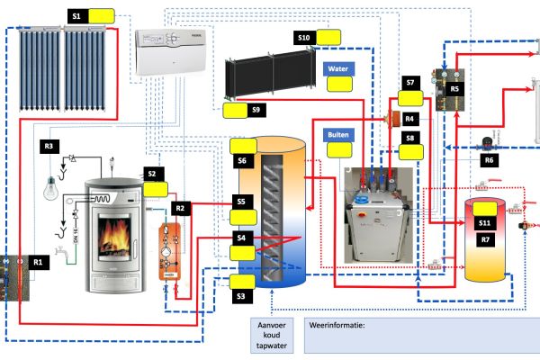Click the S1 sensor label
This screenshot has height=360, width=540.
pos(76,16)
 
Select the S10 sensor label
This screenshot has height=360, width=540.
pos(304,37)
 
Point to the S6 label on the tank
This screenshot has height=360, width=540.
pos(242,161)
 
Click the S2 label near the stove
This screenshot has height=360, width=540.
pos(152,173)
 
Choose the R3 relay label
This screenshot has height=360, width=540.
pos(49,144)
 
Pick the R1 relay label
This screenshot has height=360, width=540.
pos(38,262)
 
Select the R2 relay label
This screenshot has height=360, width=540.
pos(180,209)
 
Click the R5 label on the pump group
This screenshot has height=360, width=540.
pos(454,90)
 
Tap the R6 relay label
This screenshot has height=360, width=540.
pos(489,160)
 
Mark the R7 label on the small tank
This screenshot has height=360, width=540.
pos(484,240)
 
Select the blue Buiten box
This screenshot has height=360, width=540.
pos(338,134)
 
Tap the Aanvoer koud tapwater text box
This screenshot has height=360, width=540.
pos(272,337)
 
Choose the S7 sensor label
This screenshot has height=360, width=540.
pos(410,83)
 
